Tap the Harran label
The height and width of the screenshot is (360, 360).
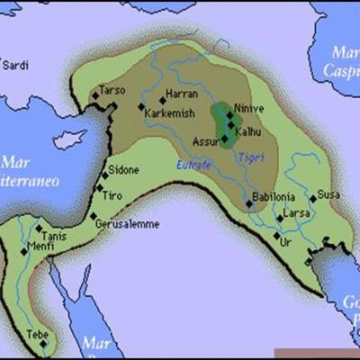pos(181,94)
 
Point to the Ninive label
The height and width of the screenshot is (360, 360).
pos(248,108)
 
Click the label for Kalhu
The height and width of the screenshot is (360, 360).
pos(248,131)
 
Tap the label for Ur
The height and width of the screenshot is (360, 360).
pos(287,242)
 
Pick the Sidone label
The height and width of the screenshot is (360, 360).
pos(123,169)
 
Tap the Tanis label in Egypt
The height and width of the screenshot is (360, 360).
pos(54,238)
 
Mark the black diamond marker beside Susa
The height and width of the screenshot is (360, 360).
pos(313,199)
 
